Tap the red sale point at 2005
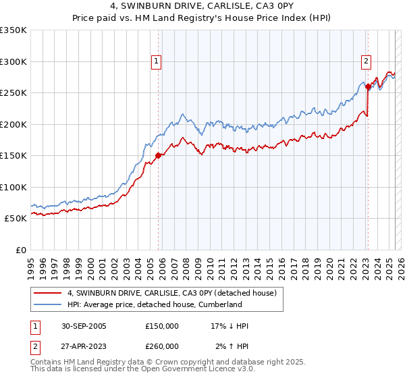(x=159, y=155)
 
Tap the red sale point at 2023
(x=368, y=86)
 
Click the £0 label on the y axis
(x=22, y=250)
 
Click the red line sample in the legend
(x=47, y=293)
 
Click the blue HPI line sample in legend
(x=47, y=304)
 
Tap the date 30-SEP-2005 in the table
(x=84, y=326)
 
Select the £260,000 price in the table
(x=161, y=346)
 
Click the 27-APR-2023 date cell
(x=84, y=346)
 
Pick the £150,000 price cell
(x=161, y=326)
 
